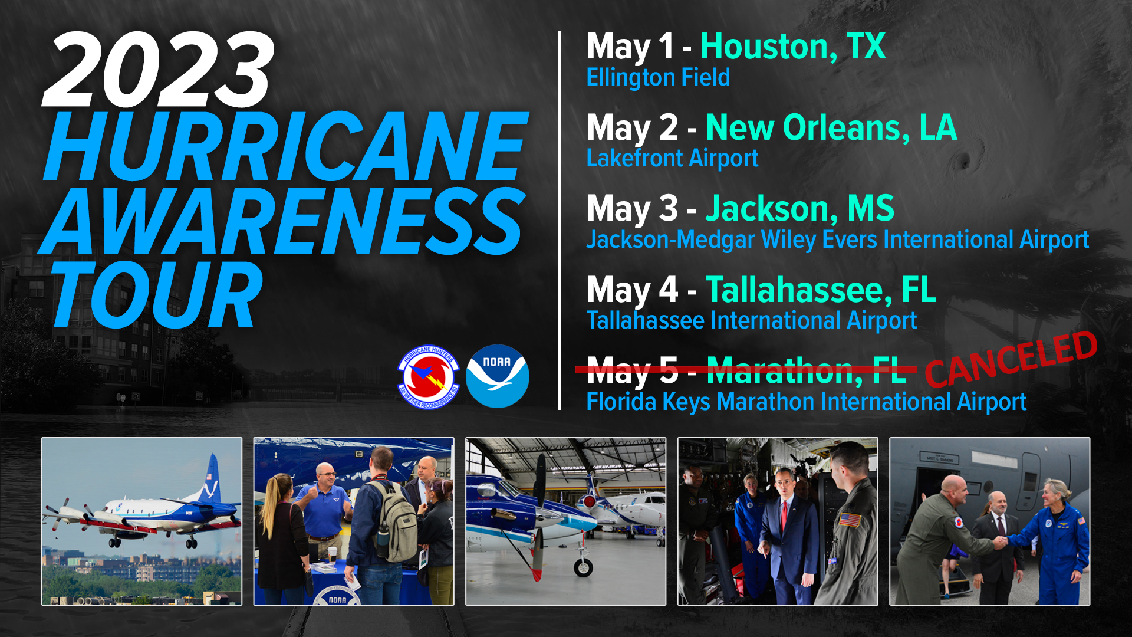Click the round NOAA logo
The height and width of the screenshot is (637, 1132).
(x=497, y=376)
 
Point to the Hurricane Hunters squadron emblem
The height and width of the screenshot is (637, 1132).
(x=429, y=376)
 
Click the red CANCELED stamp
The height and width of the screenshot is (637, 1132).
(x=1011, y=359)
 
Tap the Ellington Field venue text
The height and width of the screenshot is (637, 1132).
(x=658, y=77)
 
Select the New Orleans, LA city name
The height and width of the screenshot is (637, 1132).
(x=831, y=127)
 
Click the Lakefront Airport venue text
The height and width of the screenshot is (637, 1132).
(x=672, y=158)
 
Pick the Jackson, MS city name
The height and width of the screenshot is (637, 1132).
(x=799, y=208)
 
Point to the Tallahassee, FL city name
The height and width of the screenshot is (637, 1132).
(x=820, y=290)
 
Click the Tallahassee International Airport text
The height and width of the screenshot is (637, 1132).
(x=751, y=321)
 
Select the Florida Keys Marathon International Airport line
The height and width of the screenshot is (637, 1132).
(x=806, y=402)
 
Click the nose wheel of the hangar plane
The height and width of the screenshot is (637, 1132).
(x=583, y=567)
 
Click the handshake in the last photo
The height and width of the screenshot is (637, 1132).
(x=1001, y=541)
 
